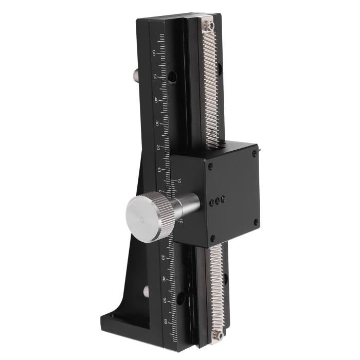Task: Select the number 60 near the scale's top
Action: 154,52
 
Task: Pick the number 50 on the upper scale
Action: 154,76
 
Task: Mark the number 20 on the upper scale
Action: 157,147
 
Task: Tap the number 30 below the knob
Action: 163,257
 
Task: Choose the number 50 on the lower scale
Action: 165,300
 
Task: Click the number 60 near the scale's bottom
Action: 165,322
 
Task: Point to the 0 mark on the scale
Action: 160,191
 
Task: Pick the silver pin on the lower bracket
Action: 146,292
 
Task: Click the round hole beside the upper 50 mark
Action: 172,77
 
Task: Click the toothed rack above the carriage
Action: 210,87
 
